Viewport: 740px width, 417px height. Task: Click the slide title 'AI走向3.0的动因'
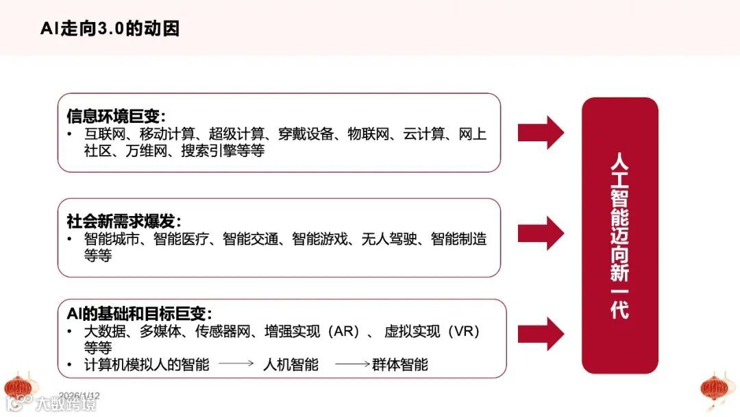click(110, 28)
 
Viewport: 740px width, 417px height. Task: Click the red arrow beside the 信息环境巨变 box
click(541, 132)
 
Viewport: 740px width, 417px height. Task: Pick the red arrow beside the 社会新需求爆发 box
click(541, 233)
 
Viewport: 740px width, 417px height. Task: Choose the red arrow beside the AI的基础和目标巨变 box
click(541, 334)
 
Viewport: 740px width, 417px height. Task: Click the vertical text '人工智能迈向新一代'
click(619, 235)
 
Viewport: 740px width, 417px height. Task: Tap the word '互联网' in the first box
click(105, 134)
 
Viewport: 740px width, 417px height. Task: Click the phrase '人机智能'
click(291, 365)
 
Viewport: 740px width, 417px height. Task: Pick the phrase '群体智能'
click(400, 365)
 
